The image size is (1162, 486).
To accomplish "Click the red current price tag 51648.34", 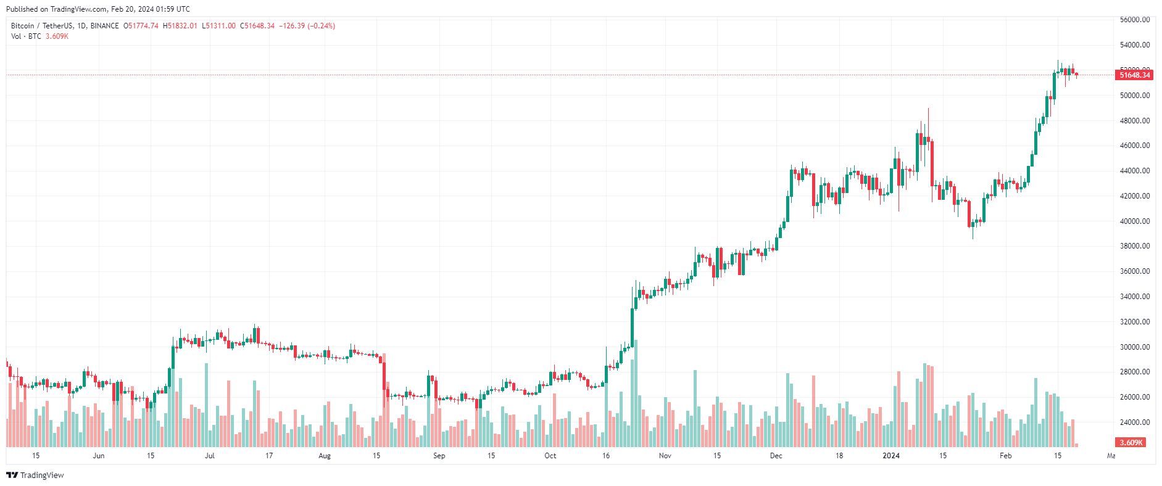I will pyautogui.click(x=1134, y=75).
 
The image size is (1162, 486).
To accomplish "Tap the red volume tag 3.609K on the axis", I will pyautogui.click(x=1131, y=443).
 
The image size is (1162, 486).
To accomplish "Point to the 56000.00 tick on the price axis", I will pyautogui.click(x=1135, y=20).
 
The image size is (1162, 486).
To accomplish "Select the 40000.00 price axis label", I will pyautogui.click(x=1135, y=221).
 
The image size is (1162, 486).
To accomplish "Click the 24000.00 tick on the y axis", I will pyautogui.click(x=1135, y=422).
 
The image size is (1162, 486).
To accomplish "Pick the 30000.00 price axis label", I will pyautogui.click(x=1135, y=347).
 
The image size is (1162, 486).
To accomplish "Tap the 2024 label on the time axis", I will pyautogui.click(x=890, y=456).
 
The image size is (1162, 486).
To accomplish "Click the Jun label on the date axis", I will pyautogui.click(x=98, y=456).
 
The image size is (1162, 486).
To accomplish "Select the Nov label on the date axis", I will pyautogui.click(x=665, y=456).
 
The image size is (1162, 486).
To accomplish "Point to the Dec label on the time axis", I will pyautogui.click(x=776, y=456).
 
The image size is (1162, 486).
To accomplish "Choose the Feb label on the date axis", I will pyautogui.click(x=1005, y=456).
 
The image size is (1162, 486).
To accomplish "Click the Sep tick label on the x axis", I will pyautogui.click(x=439, y=456).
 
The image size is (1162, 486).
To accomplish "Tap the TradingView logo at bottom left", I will pyautogui.click(x=35, y=475).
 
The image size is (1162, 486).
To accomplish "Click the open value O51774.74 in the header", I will pyautogui.click(x=141, y=26).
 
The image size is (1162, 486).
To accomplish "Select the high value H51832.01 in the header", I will pyautogui.click(x=180, y=26).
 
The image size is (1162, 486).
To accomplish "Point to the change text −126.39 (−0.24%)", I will pyautogui.click(x=307, y=26).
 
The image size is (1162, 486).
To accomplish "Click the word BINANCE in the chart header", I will pyautogui.click(x=104, y=26).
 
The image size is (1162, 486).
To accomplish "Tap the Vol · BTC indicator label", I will pyautogui.click(x=26, y=36).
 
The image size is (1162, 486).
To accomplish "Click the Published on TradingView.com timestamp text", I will pyautogui.click(x=98, y=9).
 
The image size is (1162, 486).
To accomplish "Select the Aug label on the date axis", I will pyautogui.click(x=324, y=456).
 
